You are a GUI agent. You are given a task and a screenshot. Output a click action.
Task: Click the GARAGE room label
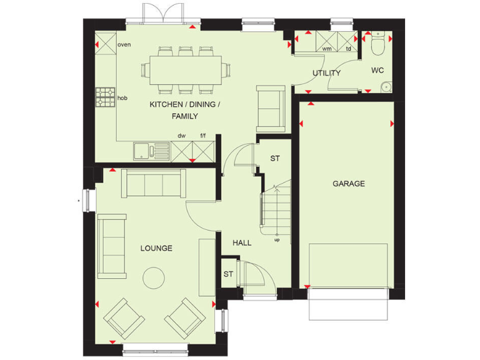pos(349,184)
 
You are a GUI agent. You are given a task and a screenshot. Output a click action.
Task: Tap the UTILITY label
pos(326,73)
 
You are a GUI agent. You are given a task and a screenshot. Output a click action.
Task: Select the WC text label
pos(377,71)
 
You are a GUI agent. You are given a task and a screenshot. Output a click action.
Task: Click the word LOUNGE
pos(156,248)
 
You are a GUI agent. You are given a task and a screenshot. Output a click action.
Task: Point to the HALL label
pos(242,242)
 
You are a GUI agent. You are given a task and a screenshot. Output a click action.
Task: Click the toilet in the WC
pos(377,45)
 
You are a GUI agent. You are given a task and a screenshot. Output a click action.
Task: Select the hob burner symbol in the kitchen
pos(104,97)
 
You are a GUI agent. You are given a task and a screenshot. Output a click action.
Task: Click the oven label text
pos(124,44)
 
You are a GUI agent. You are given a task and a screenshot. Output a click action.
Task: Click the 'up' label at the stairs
pos(276,239)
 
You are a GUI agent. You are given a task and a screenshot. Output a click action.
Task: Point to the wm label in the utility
pos(326,48)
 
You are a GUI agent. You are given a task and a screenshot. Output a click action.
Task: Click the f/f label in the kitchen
pos(202,136)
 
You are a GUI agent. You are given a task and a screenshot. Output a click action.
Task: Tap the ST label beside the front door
pos(229,274)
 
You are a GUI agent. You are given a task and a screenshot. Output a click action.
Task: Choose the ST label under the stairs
pos(275,159)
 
